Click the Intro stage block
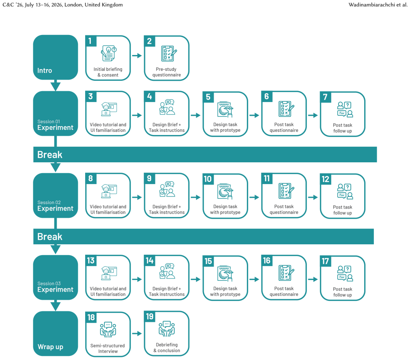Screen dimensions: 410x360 pos(55,57)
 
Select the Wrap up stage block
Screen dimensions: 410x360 pos(55,333)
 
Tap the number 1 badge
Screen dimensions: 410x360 pos(91,41)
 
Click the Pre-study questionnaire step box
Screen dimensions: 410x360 pos(167,58)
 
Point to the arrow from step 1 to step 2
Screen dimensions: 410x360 pos(137,55)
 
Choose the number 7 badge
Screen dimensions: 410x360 pos(326,97)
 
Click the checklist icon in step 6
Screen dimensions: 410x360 pos(286,109)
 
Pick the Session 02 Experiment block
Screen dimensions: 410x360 pos(55,195)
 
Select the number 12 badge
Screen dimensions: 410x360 pos(326,179)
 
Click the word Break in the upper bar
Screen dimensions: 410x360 pos(50,155)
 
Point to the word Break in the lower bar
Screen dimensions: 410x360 pos(50,237)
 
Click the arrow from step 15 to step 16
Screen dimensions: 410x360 pos(254,279)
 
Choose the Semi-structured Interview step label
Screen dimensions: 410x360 pos(108,348)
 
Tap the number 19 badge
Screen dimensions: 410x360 pos(149,317)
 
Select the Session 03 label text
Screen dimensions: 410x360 pos(49,283)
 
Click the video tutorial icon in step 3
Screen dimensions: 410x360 pos(109,109)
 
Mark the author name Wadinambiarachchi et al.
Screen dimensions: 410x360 pos(378,5)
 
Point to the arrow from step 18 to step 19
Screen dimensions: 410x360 pos(137,333)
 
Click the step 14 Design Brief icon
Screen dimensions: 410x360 pos(167,271)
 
